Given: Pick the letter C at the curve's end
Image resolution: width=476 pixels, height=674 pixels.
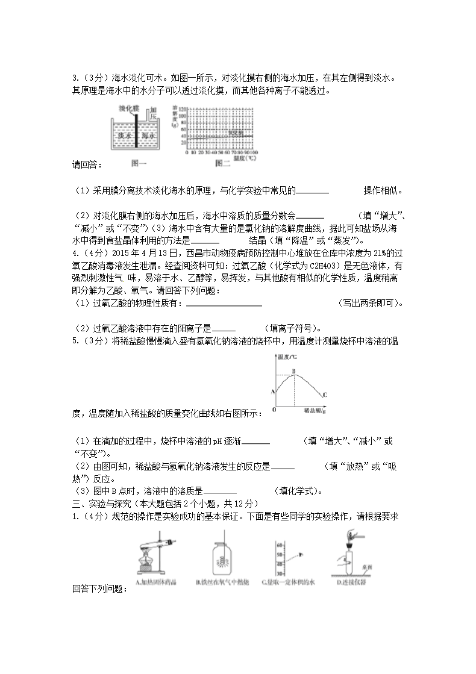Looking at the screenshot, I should (x=324, y=395).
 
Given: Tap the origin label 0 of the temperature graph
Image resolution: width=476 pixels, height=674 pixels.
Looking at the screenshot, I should (x=274, y=410).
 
